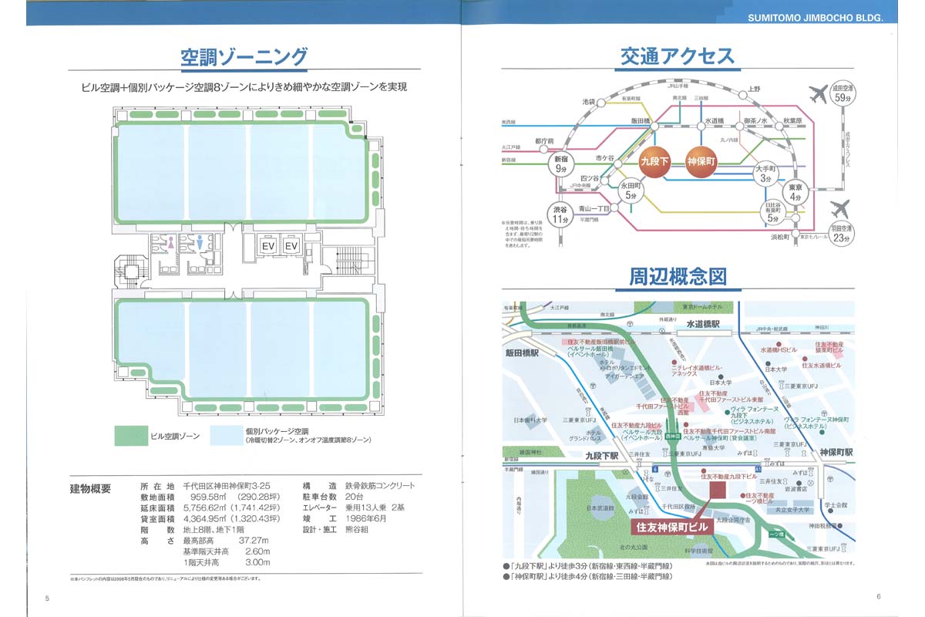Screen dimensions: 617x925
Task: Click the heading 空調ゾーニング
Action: [244, 57]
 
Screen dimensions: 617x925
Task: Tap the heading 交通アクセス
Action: [678, 56]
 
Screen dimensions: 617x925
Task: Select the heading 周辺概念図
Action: [678, 276]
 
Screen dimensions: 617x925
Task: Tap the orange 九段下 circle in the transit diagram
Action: [656, 163]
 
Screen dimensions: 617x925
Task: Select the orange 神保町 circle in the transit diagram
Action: [701, 163]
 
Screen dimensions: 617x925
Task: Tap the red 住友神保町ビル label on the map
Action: [671, 528]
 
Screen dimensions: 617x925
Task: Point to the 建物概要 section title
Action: [90, 487]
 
